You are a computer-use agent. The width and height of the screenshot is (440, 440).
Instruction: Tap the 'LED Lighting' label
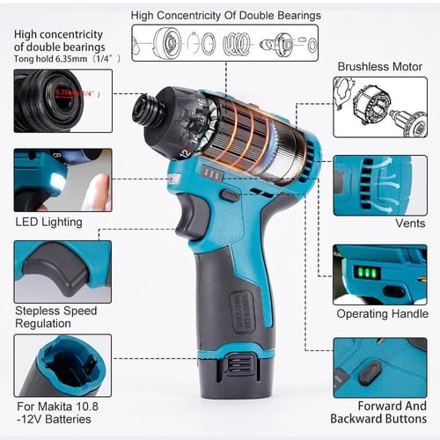[49, 222]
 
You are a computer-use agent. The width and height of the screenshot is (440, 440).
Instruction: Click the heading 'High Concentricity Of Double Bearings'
[225, 15]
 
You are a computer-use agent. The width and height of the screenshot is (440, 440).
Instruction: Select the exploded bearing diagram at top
[225, 42]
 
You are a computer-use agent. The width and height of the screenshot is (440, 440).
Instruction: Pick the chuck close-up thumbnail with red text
[62, 99]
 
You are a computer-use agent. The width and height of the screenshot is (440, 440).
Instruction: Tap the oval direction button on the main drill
[231, 194]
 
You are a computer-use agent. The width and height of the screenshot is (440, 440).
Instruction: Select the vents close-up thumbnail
[379, 186]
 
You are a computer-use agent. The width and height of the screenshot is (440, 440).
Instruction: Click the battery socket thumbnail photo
[62, 364]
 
